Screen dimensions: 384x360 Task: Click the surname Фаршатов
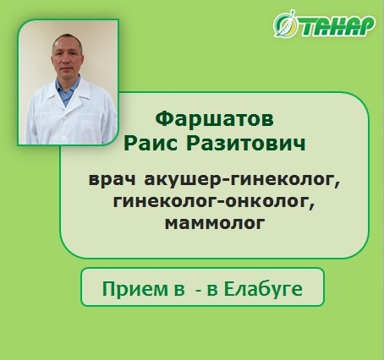214,119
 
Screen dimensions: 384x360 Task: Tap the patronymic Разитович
246,144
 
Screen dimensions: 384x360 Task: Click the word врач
112,180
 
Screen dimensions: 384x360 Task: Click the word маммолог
215,223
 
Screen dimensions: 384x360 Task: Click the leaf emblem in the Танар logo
286,25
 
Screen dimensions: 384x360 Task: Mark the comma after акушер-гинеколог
338,184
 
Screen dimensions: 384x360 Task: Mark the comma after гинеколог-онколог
312,206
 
